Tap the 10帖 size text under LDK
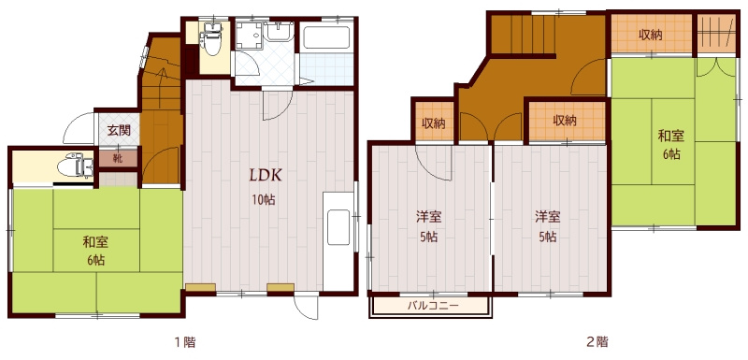264,200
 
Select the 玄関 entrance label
119,130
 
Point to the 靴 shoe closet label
118,159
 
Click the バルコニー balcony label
433,305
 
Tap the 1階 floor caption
183,342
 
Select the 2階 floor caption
597,342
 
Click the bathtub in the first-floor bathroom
326,37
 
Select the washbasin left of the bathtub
278,32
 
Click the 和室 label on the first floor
95,242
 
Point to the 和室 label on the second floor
671,137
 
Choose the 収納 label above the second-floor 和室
651,35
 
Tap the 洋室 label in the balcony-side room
428,218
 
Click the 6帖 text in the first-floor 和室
96,260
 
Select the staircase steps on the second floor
523,35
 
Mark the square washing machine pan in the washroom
248,35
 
